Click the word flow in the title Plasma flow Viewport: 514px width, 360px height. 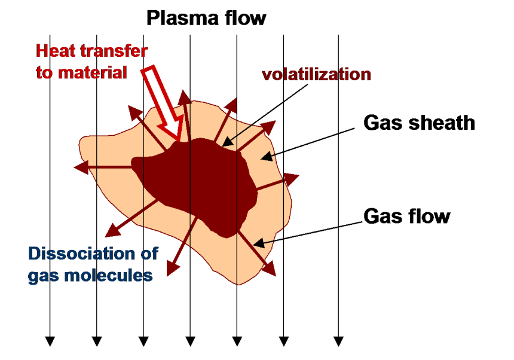(246, 18)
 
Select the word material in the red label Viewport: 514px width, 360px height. (93, 72)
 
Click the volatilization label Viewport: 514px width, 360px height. (316, 74)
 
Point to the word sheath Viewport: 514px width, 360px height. (442, 123)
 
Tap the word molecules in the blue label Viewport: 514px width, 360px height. (108, 275)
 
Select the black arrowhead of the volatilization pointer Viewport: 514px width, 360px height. (228, 142)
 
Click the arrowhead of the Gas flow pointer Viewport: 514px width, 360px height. (259, 243)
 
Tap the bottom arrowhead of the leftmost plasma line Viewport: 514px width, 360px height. (50, 341)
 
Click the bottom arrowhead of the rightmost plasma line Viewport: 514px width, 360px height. (338, 341)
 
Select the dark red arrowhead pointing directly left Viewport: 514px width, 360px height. (81, 167)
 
